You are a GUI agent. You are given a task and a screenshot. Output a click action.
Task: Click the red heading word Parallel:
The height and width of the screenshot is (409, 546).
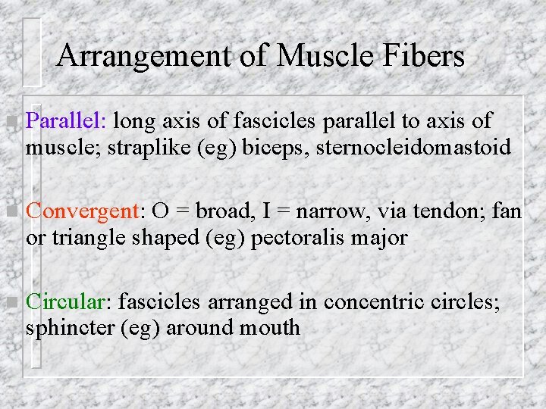(x=69, y=120)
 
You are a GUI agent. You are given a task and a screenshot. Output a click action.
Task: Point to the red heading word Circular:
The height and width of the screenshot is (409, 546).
(x=69, y=302)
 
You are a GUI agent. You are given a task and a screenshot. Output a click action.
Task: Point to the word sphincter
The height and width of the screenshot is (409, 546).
(x=70, y=329)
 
